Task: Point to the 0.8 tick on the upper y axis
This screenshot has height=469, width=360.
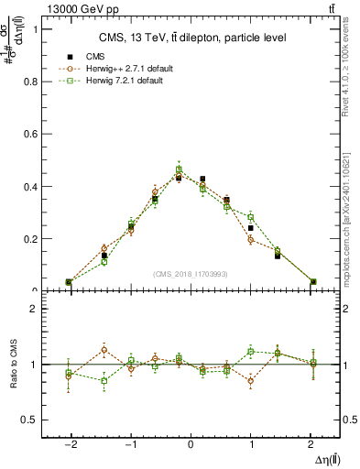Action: (31, 81)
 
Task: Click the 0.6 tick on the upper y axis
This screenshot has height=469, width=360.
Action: (31, 134)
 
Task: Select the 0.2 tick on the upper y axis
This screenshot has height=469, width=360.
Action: (31, 239)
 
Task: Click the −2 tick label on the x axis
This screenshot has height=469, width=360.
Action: (70, 442)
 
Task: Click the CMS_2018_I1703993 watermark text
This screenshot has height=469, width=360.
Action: (191, 273)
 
